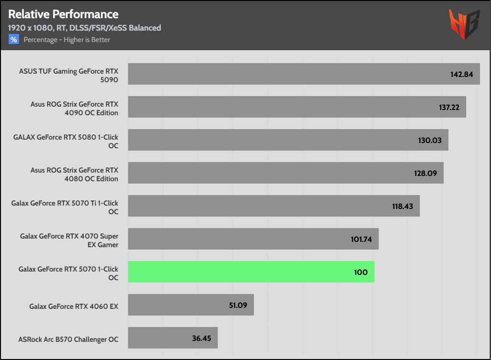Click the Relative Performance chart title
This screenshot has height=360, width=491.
(x=63, y=14)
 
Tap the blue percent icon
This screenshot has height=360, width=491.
(x=13, y=40)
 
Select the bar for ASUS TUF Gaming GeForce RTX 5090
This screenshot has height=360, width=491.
(x=287, y=74)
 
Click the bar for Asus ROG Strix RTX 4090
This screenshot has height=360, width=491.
(x=287, y=107)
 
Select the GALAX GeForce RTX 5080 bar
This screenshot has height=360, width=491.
(x=287, y=140)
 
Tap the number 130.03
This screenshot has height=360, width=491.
(x=430, y=141)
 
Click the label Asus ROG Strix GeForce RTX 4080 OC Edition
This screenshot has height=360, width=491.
(x=74, y=174)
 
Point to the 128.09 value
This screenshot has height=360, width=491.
(x=426, y=174)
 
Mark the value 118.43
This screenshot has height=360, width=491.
(x=402, y=207)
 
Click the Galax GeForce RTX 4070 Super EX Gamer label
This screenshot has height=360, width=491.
(x=69, y=240)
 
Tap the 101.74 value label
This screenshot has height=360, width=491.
(x=361, y=239)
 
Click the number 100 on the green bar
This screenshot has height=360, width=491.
(x=361, y=272)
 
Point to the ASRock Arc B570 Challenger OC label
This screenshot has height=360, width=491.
(x=68, y=339)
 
